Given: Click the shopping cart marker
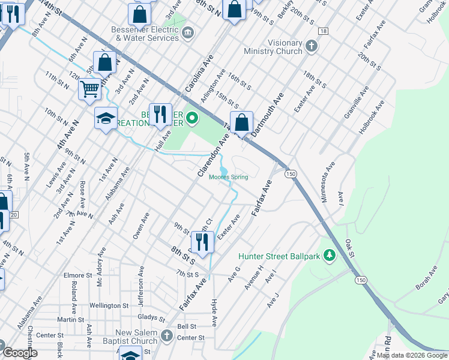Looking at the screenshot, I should (x=89, y=89).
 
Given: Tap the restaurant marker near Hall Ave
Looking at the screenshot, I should (x=160, y=114).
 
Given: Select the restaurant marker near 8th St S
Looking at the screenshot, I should (x=202, y=242).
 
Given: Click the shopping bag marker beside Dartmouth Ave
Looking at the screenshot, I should (x=241, y=122).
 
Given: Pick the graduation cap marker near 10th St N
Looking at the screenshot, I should (x=106, y=118).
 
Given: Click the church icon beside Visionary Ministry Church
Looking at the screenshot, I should (x=311, y=46).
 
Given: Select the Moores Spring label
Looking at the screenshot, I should (x=228, y=177).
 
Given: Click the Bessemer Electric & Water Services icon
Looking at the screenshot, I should (x=188, y=32).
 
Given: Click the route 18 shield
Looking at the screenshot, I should (x=324, y=31).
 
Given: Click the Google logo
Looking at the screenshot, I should (x=20, y=353).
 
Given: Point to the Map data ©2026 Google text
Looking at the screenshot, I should (x=411, y=355).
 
